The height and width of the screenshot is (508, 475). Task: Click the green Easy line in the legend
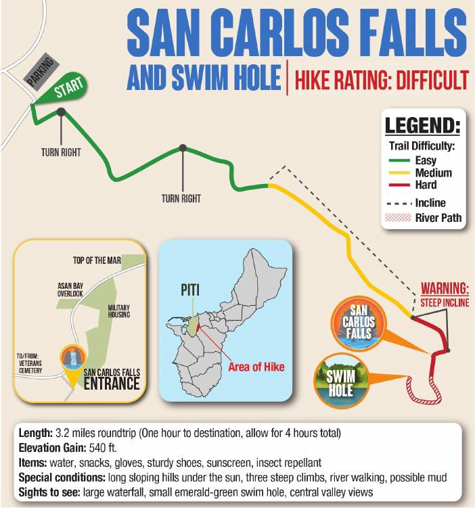coord(401,160)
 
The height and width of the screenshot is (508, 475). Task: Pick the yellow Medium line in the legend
coord(401,172)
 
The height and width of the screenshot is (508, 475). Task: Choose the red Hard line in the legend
coord(401,185)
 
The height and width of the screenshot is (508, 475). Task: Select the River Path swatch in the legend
coord(401,218)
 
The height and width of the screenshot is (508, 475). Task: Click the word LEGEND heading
coord(422,126)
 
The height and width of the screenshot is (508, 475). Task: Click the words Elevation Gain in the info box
coord(53,446)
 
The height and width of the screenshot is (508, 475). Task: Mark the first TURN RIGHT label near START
coord(61,152)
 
